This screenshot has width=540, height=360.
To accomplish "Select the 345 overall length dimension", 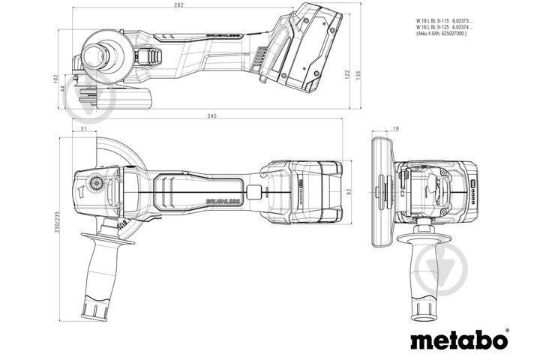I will coord(214,116).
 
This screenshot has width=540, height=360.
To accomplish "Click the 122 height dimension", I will coord(348,75).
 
